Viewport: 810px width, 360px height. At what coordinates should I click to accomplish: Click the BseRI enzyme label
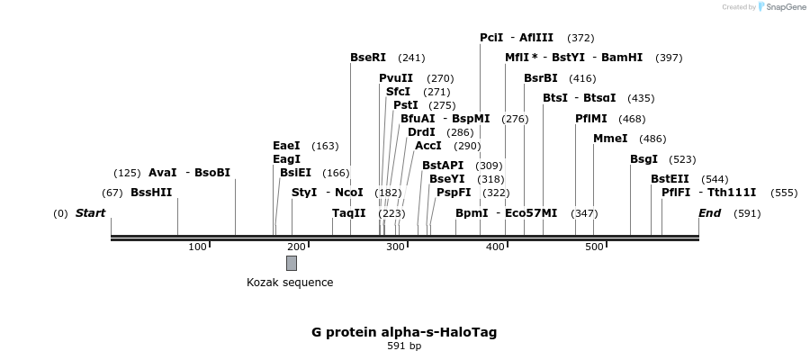tap(367, 58)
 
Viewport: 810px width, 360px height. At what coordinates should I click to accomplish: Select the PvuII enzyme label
tap(396, 78)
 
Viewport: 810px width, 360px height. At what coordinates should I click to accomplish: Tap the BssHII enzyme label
tap(151, 193)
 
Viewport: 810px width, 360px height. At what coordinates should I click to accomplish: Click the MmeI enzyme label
tap(610, 139)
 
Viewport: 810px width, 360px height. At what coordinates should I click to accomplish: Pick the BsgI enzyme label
tap(643, 159)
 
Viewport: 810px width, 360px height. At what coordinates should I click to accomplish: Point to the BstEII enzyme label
tap(670, 179)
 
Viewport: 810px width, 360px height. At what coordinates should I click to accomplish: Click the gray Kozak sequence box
tap(292, 263)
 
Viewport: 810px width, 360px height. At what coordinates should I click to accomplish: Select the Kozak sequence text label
tap(290, 283)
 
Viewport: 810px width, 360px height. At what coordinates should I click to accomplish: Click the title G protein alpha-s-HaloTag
tap(404, 332)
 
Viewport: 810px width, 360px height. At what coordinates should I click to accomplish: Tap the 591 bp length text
tap(404, 346)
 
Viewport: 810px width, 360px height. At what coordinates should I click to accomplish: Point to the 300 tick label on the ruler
tap(395, 247)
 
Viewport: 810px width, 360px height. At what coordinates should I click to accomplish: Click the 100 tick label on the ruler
tap(197, 247)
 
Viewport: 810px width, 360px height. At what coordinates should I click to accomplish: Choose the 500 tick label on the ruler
tap(593, 247)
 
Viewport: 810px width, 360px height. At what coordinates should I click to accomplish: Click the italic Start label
tap(90, 213)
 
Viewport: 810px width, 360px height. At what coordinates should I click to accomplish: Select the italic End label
tap(709, 213)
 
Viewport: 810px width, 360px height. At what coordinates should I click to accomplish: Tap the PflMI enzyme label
tap(591, 119)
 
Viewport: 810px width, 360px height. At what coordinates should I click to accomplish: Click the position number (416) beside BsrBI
tap(582, 78)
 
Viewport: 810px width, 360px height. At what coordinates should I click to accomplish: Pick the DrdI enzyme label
tap(421, 132)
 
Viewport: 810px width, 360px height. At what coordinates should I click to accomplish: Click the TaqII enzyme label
tap(349, 213)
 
